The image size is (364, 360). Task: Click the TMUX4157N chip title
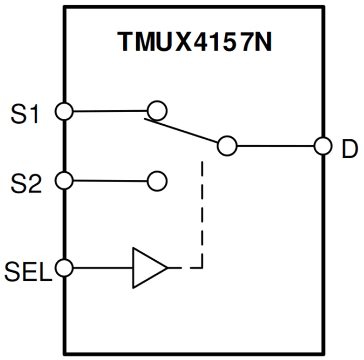coord(195,41)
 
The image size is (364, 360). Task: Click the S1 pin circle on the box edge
coord(64,111)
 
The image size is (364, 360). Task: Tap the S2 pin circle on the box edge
coord(64,180)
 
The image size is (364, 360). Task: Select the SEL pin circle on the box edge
coord(64,267)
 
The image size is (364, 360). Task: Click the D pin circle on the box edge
coord(324,146)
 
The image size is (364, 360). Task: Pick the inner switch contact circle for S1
coord(157,110)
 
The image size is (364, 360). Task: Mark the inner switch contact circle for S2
coord(157,181)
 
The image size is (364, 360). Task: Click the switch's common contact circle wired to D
coord(227,145)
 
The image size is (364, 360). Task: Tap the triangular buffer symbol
coord(147,268)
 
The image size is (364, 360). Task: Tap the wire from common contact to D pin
coord(275,146)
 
